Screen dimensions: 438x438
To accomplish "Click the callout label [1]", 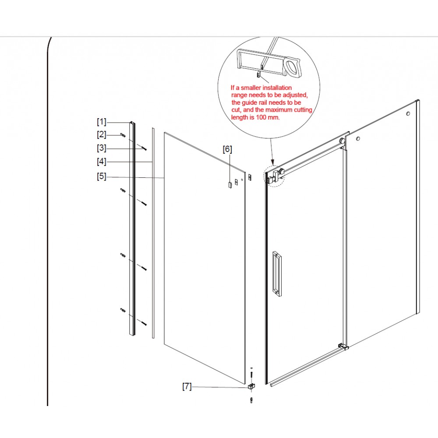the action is (x=102, y=122).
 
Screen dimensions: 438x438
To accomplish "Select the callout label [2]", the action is (x=102, y=134).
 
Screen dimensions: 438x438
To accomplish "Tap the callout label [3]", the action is (x=102, y=148).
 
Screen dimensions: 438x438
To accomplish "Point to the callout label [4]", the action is (x=102, y=162).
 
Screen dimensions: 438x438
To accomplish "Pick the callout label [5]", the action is (x=102, y=176).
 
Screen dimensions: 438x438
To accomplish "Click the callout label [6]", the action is (x=227, y=149).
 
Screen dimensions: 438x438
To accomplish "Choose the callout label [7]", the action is (x=187, y=386).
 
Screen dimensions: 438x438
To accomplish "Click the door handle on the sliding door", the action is (x=277, y=273).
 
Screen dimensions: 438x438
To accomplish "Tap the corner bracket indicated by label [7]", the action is (x=251, y=387).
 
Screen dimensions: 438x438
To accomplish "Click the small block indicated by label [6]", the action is (x=230, y=185).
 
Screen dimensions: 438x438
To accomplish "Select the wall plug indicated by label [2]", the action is (x=123, y=135).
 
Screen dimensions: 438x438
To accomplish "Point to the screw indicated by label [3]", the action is (x=144, y=148).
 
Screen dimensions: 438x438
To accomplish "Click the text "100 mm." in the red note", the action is (x=268, y=117).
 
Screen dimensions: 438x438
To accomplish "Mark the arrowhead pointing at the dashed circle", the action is (x=273, y=162).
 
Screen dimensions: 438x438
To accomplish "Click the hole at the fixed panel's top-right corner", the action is (x=408, y=114).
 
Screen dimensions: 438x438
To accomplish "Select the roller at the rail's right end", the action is (x=342, y=141).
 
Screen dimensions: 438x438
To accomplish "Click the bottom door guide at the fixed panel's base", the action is (x=343, y=346).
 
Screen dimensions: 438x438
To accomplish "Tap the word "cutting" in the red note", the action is (x=303, y=110).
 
